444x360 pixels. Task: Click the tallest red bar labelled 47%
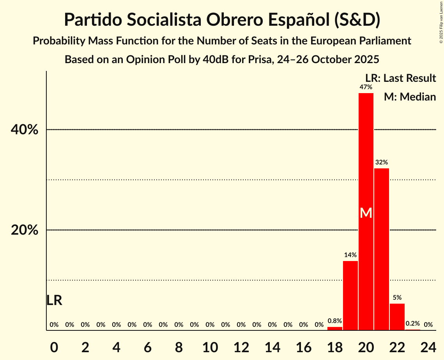[x=366, y=156]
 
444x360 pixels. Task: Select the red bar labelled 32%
[x=382, y=249]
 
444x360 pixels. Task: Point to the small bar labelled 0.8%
[x=335, y=328]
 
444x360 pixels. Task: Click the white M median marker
[x=366, y=213]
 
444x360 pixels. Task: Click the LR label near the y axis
[x=54, y=300]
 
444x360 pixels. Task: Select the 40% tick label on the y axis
[x=25, y=130]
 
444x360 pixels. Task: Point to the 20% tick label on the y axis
[x=25, y=230]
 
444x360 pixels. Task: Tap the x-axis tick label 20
[x=366, y=346]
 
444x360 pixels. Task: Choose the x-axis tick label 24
[x=428, y=346]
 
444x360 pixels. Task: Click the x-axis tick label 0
[x=54, y=346]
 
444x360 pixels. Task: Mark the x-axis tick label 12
[x=241, y=346]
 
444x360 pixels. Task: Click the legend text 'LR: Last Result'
[x=401, y=78]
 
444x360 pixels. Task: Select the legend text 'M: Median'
[x=410, y=97]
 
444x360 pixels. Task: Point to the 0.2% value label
[x=413, y=323]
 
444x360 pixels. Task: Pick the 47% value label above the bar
[x=366, y=87]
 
